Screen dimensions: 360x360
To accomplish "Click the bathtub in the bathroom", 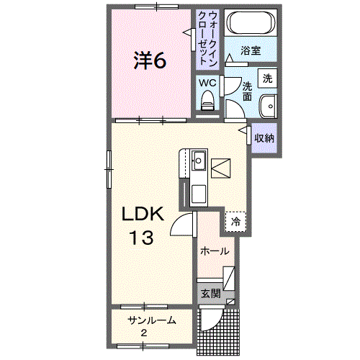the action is pos(251,23).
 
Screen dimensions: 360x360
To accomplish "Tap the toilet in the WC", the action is pos(207,100).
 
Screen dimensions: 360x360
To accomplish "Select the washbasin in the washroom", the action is pos(268,107).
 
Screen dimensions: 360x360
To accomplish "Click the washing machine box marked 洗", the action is pos(267,78).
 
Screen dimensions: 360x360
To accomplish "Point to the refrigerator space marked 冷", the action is pos(235,222).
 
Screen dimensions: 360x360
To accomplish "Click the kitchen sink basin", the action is pos(198,161).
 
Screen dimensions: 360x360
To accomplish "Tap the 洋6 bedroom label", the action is pos(150,60).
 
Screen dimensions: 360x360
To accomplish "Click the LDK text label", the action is pos(143,214).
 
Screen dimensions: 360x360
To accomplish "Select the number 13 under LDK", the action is pos(142,238).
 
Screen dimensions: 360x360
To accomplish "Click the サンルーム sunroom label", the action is pos(152,320).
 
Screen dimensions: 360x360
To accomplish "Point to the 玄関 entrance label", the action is pos(210,293).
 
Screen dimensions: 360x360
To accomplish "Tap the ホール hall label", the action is pos(215,251).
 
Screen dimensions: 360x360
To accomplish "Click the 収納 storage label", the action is pos(264,138).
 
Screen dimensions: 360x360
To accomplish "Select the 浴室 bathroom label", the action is pos(251,50).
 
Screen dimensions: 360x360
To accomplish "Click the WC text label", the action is pos(207,83).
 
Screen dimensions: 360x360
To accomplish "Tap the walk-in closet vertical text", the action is pos(208,39).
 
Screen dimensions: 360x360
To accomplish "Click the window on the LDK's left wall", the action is pos(109,169).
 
